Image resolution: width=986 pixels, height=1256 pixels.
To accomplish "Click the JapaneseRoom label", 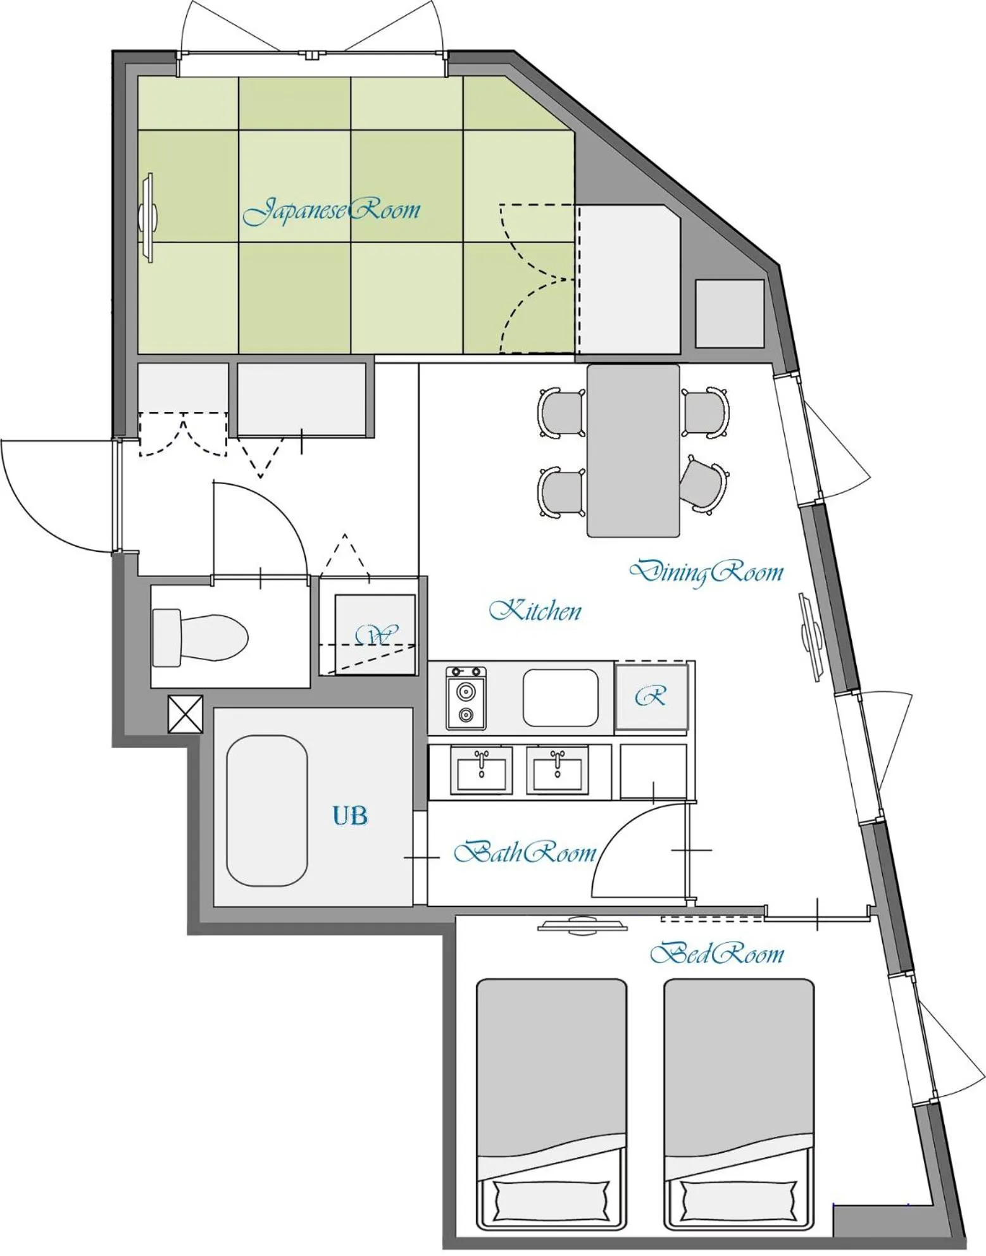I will pos(331,211).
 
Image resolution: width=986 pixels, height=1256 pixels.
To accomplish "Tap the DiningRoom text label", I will pos(706,571).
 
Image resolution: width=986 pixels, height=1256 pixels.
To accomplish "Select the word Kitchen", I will pos(535,610).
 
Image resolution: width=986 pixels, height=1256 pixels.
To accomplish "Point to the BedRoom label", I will pos(717,953).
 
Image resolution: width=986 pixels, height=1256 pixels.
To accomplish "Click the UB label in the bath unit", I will pos(350,816).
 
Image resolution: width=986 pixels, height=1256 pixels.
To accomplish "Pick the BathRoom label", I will pos(525,852).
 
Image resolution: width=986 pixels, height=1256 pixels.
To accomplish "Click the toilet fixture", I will pos(200,637).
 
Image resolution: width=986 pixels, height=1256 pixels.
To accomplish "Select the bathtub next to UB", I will pos(267,811).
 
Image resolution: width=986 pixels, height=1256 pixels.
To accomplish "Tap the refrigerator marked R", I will pos(651,697).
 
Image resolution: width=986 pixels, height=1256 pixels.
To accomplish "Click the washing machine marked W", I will pos(375,633).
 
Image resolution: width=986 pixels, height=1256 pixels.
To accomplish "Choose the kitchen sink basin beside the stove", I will pos(560,698).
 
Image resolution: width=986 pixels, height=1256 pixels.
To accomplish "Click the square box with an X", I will pos(185,714).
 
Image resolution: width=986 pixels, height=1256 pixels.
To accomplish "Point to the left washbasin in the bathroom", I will pos(482,769).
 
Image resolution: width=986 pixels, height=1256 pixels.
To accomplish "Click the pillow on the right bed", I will pos(739,1197).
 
